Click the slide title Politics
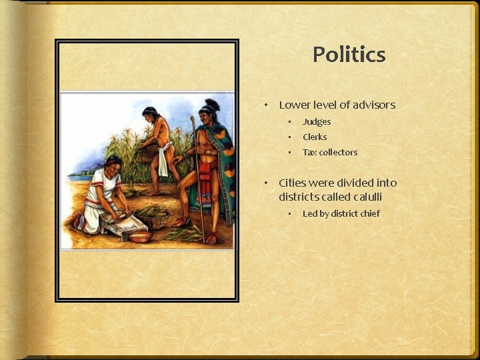pos(349,54)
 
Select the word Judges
pos(317,121)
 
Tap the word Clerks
pos(315,137)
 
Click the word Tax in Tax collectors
pos(309,152)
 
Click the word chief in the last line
pos(368,213)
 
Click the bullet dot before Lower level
pos(265,105)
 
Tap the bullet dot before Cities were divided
pos(265,183)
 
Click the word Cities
pos(293,183)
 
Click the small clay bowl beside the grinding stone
pos(140,237)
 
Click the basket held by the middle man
pos(145,155)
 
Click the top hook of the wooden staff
pos(193,121)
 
